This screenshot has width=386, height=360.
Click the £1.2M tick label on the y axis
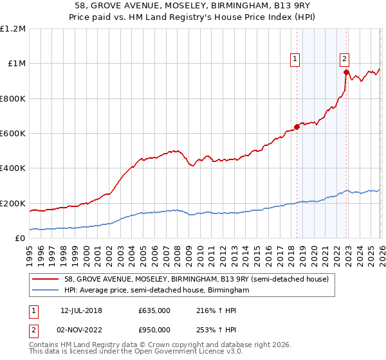[x=13, y=29]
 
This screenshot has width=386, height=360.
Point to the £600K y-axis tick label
[x=13, y=134]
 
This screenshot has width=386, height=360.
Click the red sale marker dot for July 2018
[x=297, y=127]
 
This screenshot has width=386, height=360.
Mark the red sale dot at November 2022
[x=346, y=72]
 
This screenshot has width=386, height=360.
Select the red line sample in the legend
[x=47, y=280]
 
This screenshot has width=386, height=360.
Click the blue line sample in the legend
[x=47, y=291]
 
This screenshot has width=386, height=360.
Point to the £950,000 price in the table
[x=154, y=330]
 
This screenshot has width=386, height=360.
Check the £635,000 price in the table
[x=154, y=310]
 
